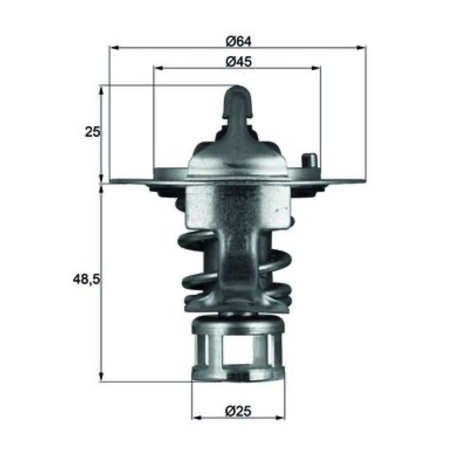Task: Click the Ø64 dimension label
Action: tap(239, 42)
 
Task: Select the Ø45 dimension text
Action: tap(239, 62)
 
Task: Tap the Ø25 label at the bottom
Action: tap(238, 411)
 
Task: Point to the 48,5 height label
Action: tap(86, 280)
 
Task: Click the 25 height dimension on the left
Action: tap(92, 132)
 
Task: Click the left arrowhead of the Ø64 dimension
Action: tap(115, 47)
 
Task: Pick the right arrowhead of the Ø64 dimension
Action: tap(362, 47)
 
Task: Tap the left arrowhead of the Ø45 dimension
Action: tap(157, 68)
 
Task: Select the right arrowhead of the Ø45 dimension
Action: tap(316, 68)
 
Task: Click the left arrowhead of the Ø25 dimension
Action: tap(197, 417)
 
